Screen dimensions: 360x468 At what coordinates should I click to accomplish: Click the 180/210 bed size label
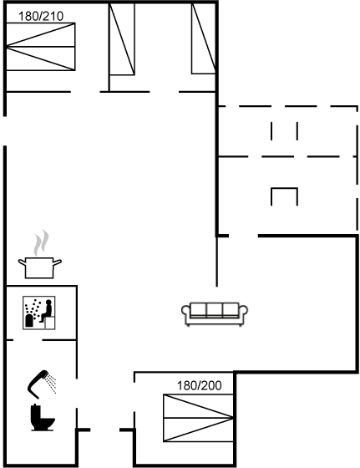[41, 16]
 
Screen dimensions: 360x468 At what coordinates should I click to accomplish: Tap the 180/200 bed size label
[200, 385]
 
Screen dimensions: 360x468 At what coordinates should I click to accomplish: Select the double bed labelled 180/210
[41, 47]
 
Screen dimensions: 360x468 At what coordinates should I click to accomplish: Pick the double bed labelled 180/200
[198, 418]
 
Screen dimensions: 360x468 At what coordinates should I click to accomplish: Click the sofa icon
[215, 314]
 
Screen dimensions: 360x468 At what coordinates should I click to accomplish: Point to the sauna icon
[39, 313]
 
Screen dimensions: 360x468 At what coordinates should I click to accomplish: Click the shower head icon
[42, 384]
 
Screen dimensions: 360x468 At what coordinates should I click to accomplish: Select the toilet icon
[43, 417]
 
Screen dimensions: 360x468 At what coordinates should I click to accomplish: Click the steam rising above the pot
[41, 242]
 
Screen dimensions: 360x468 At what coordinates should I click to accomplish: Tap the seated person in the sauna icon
[46, 311]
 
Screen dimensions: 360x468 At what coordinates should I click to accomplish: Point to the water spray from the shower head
[51, 384]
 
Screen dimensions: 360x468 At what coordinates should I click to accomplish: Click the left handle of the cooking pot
[22, 262]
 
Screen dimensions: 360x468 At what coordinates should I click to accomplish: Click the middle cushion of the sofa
[215, 309]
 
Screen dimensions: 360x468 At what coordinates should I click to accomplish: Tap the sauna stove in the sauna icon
[29, 320]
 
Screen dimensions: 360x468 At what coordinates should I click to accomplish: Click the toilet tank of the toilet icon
[35, 411]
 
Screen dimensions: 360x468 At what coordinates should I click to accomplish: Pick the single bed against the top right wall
[204, 38]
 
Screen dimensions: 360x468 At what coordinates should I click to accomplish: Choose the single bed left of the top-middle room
[122, 38]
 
